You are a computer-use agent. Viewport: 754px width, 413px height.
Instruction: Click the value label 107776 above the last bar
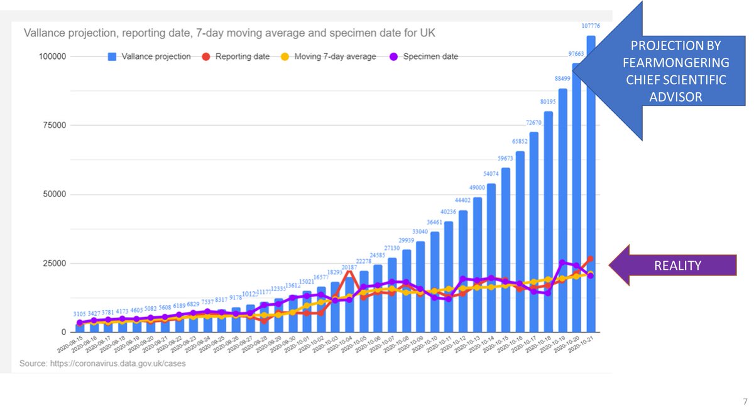[x=590, y=26]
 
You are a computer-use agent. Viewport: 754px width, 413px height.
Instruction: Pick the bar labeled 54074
[x=491, y=257]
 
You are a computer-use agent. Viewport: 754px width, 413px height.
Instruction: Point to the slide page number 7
[x=745, y=401]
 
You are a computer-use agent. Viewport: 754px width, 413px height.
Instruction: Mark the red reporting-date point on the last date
[x=590, y=259]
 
